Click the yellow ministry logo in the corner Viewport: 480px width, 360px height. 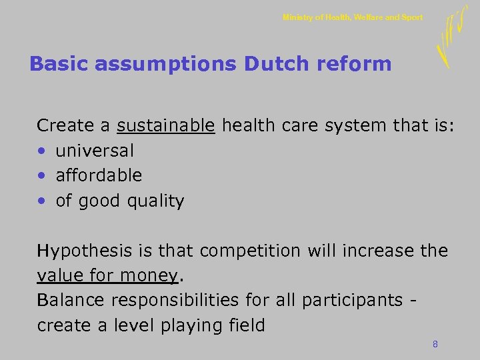[x=450, y=37]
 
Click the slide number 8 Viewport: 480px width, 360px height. [x=435, y=344]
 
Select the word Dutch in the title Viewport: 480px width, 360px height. [x=273, y=64]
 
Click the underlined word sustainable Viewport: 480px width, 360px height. [x=165, y=125]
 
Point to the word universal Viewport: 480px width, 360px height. [x=94, y=151]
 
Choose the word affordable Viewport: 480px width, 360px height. [x=99, y=175]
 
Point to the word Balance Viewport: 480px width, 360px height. [x=71, y=300]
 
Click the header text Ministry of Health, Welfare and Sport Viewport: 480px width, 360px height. [x=352, y=17]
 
